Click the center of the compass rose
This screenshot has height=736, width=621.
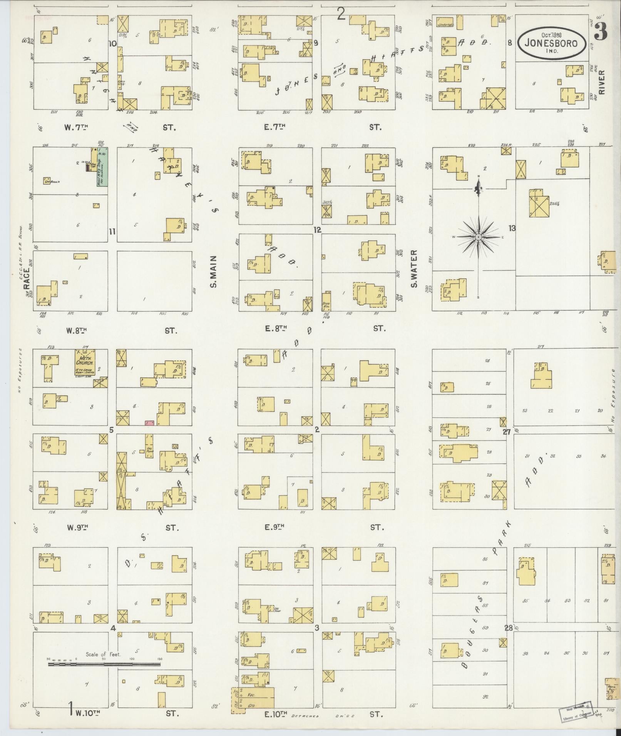point(478,237)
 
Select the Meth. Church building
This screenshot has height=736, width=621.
point(85,363)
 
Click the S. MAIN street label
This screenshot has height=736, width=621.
point(214,272)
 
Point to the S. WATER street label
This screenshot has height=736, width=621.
point(414,269)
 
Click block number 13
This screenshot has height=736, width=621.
point(512,228)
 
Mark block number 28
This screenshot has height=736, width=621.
point(509,628)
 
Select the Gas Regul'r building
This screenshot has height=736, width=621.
point(47,180)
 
